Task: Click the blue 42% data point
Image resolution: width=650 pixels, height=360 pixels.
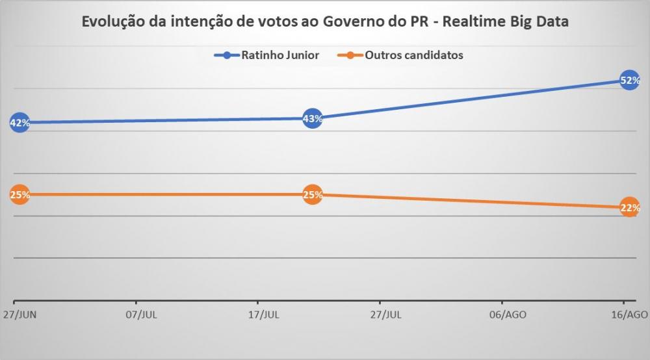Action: click(x=19, y=123)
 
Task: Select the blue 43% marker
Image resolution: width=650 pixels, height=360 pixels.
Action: click(x=313, y=118)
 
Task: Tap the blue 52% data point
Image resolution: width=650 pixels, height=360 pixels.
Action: click(x=629, y=81)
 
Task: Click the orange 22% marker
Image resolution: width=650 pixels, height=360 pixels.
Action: click(x=629, y=207)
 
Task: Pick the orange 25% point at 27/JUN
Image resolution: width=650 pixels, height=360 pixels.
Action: click(x=19, y=194)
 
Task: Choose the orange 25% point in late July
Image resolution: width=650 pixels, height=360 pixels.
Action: click(x=313, y=194)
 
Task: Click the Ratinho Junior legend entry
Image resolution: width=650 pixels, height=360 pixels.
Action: click(x=280, y=55)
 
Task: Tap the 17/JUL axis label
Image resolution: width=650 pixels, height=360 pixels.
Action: click(x=263, y=315)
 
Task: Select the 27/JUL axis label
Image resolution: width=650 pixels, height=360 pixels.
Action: click(x=385, y=315)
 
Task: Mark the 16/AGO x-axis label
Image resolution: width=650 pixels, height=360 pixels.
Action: click(x=630, y=315)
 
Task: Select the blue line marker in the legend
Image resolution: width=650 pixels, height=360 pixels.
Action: click(x=227, y=55)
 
